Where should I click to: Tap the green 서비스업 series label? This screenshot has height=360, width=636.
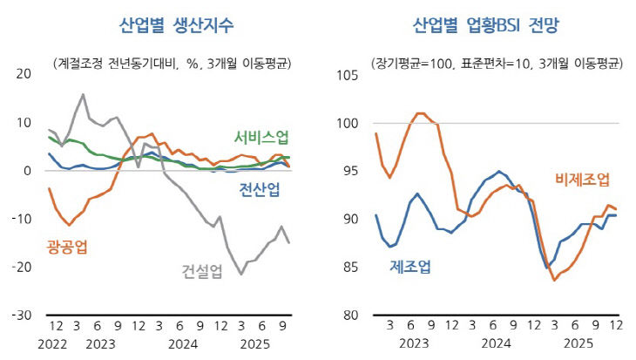pos(261,138)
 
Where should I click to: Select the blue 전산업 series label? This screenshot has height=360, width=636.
pos(260,190)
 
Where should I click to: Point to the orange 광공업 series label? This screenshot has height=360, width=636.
pos(66,247)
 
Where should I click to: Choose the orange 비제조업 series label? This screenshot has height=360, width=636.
pos(582,180)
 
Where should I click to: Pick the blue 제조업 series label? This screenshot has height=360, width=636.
pos(409,267)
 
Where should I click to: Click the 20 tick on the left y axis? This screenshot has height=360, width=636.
pos(24,75)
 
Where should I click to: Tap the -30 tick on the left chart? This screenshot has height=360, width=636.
pos(21,315)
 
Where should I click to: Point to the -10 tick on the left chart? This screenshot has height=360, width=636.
pos(21,219)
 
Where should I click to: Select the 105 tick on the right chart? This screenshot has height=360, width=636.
pos(347,75)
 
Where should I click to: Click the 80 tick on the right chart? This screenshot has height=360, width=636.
pos(350,315)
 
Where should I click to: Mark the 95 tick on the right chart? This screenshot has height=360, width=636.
pos(350,171)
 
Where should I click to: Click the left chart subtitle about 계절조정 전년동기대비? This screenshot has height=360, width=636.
pos(172,63)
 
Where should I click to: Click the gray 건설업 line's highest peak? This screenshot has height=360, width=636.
pos(83,94)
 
